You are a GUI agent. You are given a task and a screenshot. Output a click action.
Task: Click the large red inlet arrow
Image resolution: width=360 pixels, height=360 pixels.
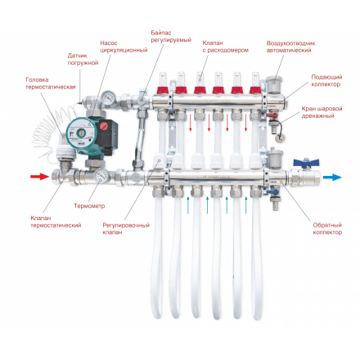[38, 176]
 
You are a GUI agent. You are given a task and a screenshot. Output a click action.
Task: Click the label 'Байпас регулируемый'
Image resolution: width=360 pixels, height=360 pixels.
[172, 36]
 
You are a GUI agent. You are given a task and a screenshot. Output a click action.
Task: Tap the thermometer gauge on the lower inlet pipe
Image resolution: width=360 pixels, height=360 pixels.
[101, 177]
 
